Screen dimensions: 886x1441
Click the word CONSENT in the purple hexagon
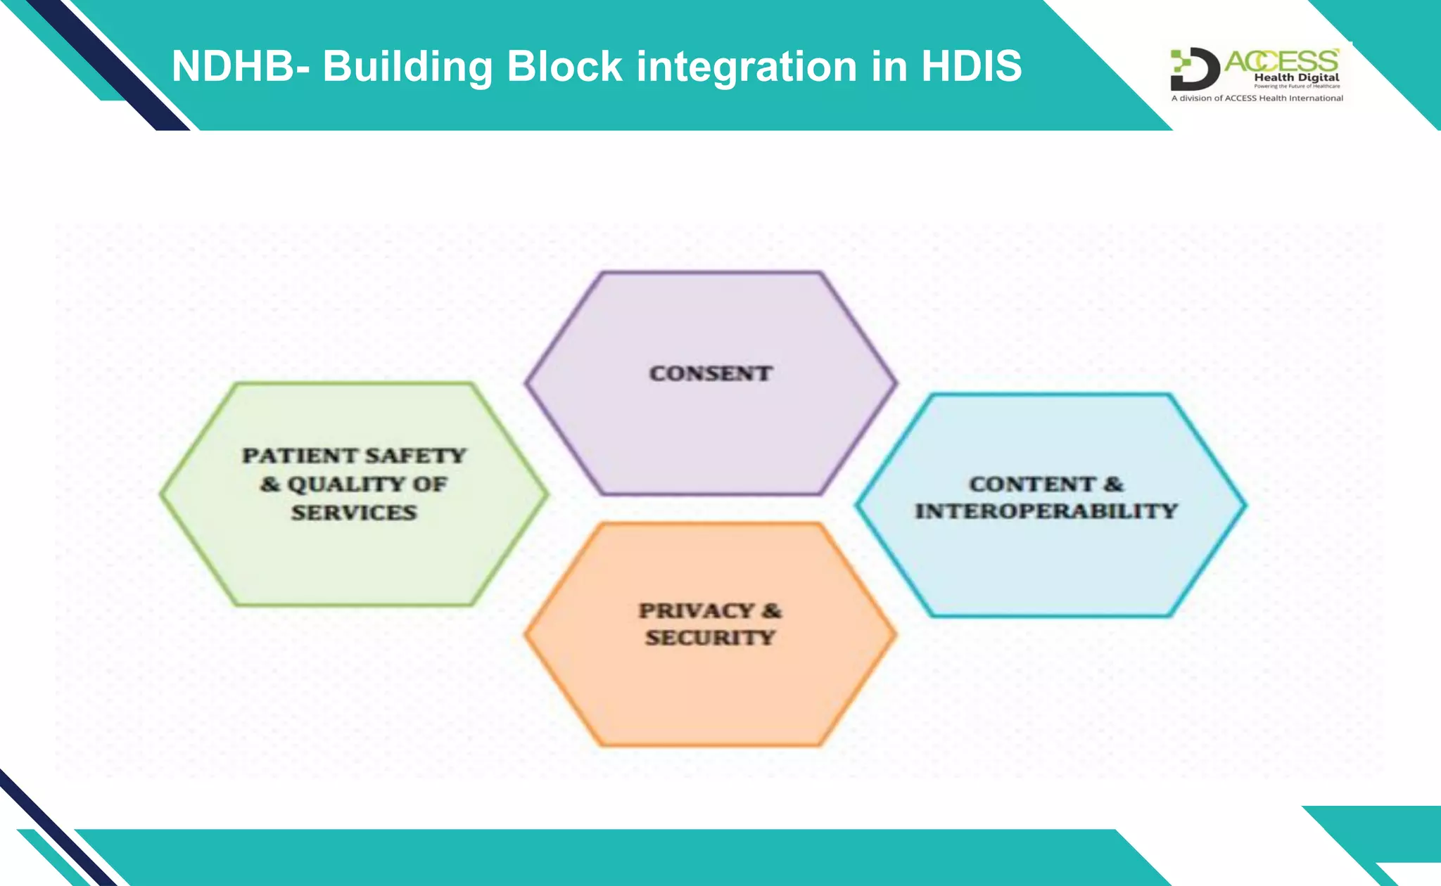pyautogui.click(x=711, y=373)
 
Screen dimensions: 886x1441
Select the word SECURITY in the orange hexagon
pyautogui.click(x=710, y=638)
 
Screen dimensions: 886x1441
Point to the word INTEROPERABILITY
pyautogui.click(x=1046, y=511)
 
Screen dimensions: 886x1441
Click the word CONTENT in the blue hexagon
pyautogui.click(x=1032, y=484)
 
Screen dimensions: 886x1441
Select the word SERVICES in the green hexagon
pyautogui.click(x=354, y=513)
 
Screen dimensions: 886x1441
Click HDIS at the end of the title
pyautogui.click(x=971, y=66)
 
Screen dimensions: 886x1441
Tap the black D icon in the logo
pyautogui.click(x=1194, y=69)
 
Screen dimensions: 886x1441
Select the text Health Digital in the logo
pyautogui.click(x=1296, y=77)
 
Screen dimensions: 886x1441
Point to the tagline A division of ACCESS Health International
pyautogui.click(x=1257, y=98)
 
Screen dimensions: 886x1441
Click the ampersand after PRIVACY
pyautogui.click(x=772, y=610)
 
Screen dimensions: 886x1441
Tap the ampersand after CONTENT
pyautogui.click(x=1113, y=484)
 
